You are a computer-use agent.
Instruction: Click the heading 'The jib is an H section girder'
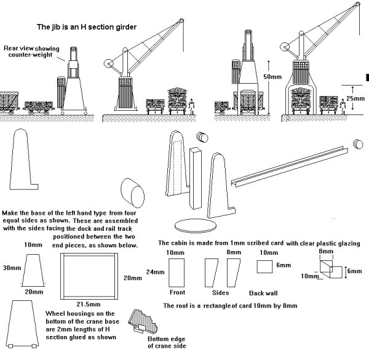click(x=87, y=27)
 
